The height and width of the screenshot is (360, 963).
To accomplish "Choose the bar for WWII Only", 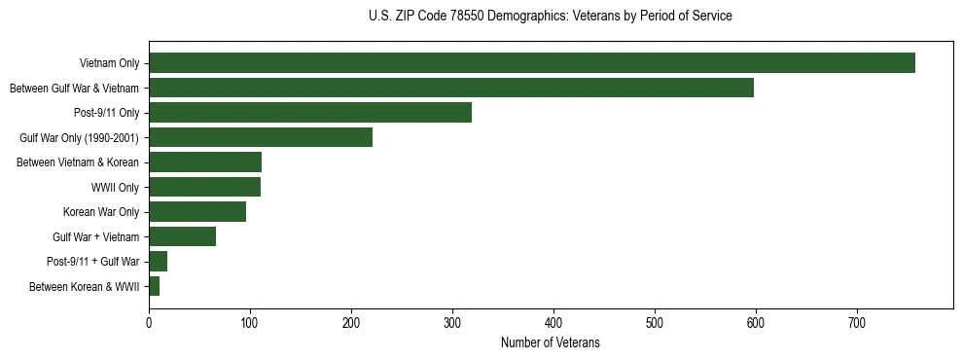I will point(205,187).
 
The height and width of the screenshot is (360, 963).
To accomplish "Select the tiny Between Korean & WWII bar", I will point(154,286).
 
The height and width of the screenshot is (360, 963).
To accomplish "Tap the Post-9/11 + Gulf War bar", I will point(159,262).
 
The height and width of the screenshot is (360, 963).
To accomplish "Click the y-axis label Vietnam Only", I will point(110,64).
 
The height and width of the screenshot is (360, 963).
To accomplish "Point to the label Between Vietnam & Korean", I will point(78,162).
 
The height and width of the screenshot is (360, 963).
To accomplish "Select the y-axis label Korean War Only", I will point(101,212).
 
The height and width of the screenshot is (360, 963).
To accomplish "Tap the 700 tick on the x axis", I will point(857,322).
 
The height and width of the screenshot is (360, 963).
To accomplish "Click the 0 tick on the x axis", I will point(149,322).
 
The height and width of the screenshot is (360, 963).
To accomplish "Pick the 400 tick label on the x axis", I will point(553,322).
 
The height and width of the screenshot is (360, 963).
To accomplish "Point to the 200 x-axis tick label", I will point(351,322).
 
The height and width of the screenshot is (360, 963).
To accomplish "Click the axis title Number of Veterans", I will point(550,343).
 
